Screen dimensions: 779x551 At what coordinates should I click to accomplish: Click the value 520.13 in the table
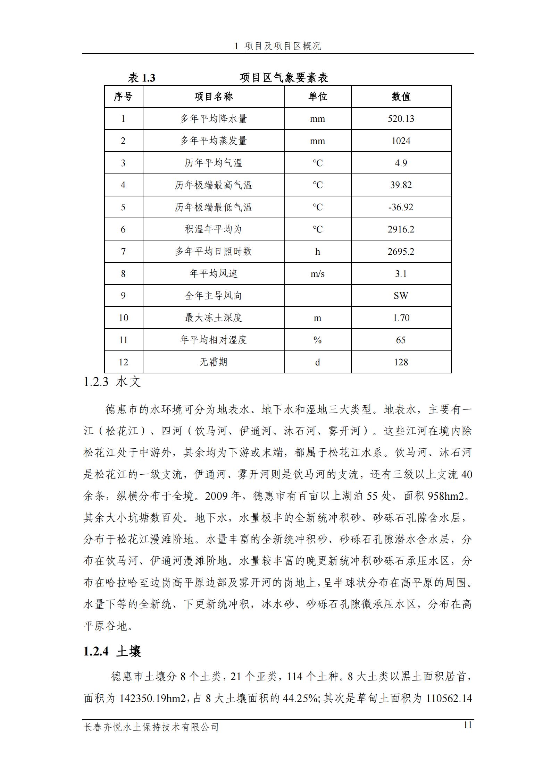tap(401, 119)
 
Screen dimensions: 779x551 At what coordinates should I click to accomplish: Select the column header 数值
tap(401, 96)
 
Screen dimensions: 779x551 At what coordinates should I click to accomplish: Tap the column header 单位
tap(317, 96)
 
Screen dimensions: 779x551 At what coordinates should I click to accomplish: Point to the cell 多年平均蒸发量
tap(213, 141)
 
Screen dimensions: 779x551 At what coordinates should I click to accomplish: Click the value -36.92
tap(401, 207)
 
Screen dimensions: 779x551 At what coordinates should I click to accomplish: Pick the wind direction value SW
tap(401, 296)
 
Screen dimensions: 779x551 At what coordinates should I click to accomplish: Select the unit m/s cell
tap(317, 274)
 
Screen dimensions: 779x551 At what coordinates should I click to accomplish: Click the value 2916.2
tap(401, 229)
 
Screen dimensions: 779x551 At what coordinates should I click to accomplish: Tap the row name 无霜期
tap(213, 362)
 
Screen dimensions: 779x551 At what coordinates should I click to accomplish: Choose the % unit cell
tap(317, 340)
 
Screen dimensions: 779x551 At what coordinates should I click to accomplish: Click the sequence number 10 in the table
tap(123, 318)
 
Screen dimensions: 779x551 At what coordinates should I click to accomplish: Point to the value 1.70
tap(401, 318)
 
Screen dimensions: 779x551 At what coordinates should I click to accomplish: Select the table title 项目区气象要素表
tap(284, 78)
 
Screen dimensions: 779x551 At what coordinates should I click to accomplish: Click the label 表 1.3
tap(141, 78)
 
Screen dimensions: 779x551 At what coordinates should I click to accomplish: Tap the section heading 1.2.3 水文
tap(112, 382)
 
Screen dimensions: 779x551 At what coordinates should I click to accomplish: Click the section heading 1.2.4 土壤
tap(112, 652)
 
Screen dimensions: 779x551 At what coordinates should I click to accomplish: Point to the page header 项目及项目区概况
tap(282, 46)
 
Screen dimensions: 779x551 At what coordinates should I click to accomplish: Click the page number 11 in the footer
tap(468, 725)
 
